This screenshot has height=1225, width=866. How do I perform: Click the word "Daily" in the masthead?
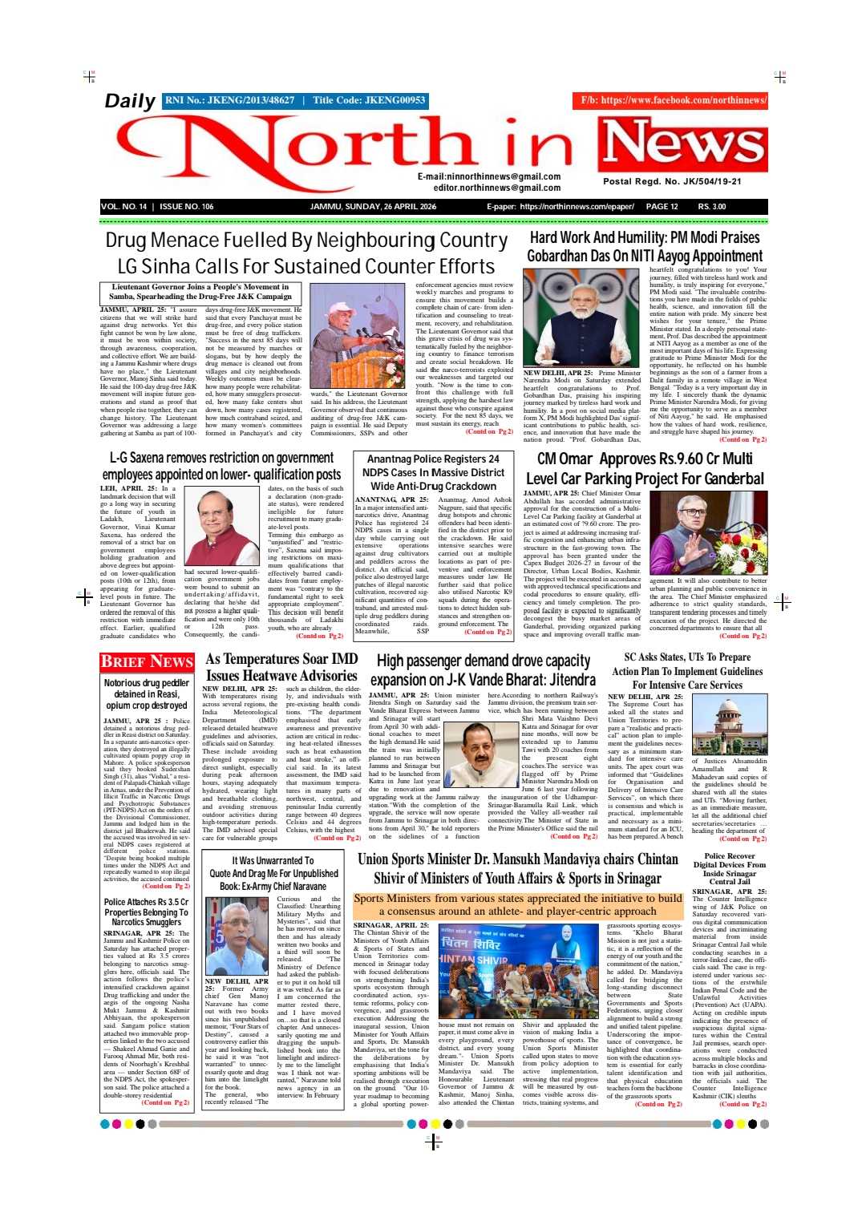(x=130, y=101)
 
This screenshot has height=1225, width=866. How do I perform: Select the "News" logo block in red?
(x=683, y=144)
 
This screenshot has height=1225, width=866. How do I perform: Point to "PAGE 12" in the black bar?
(x=662, y=207)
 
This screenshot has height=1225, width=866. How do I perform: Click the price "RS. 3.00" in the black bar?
(x=712, y=207)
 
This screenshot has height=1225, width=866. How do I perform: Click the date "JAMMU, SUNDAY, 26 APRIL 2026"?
(x=373, y=207)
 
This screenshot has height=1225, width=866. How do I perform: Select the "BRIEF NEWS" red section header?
(x=147, y=661)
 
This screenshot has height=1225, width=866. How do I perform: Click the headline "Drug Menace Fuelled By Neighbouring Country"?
(x=306, y=241)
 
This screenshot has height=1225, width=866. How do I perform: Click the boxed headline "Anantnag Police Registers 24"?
(x=433, y=459)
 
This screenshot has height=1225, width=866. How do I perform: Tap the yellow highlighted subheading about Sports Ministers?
(x=517, y=904)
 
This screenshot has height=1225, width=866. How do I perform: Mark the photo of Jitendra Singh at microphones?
(x=480, y=754)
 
